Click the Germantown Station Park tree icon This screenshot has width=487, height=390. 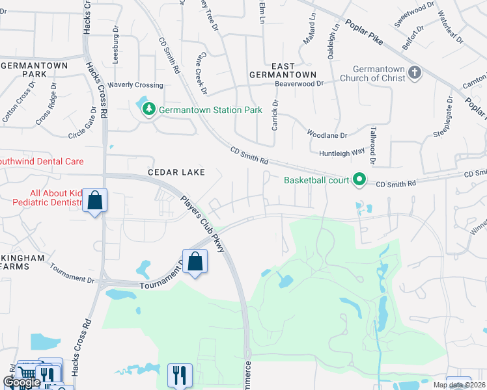(x=149, y=109)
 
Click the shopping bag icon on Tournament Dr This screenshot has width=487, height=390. (x=195, y=262)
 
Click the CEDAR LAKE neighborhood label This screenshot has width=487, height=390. (x=176, y=172)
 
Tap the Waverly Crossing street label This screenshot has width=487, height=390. (x=135, y=85)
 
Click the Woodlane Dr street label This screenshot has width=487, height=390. (x=327, y=135)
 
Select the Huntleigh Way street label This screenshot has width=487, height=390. (x=342, y=153)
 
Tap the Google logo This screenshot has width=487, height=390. (x=21, y=382)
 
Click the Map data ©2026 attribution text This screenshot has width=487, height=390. (x=459, y=385)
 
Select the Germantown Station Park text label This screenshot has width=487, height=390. (x=211, y=110)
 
